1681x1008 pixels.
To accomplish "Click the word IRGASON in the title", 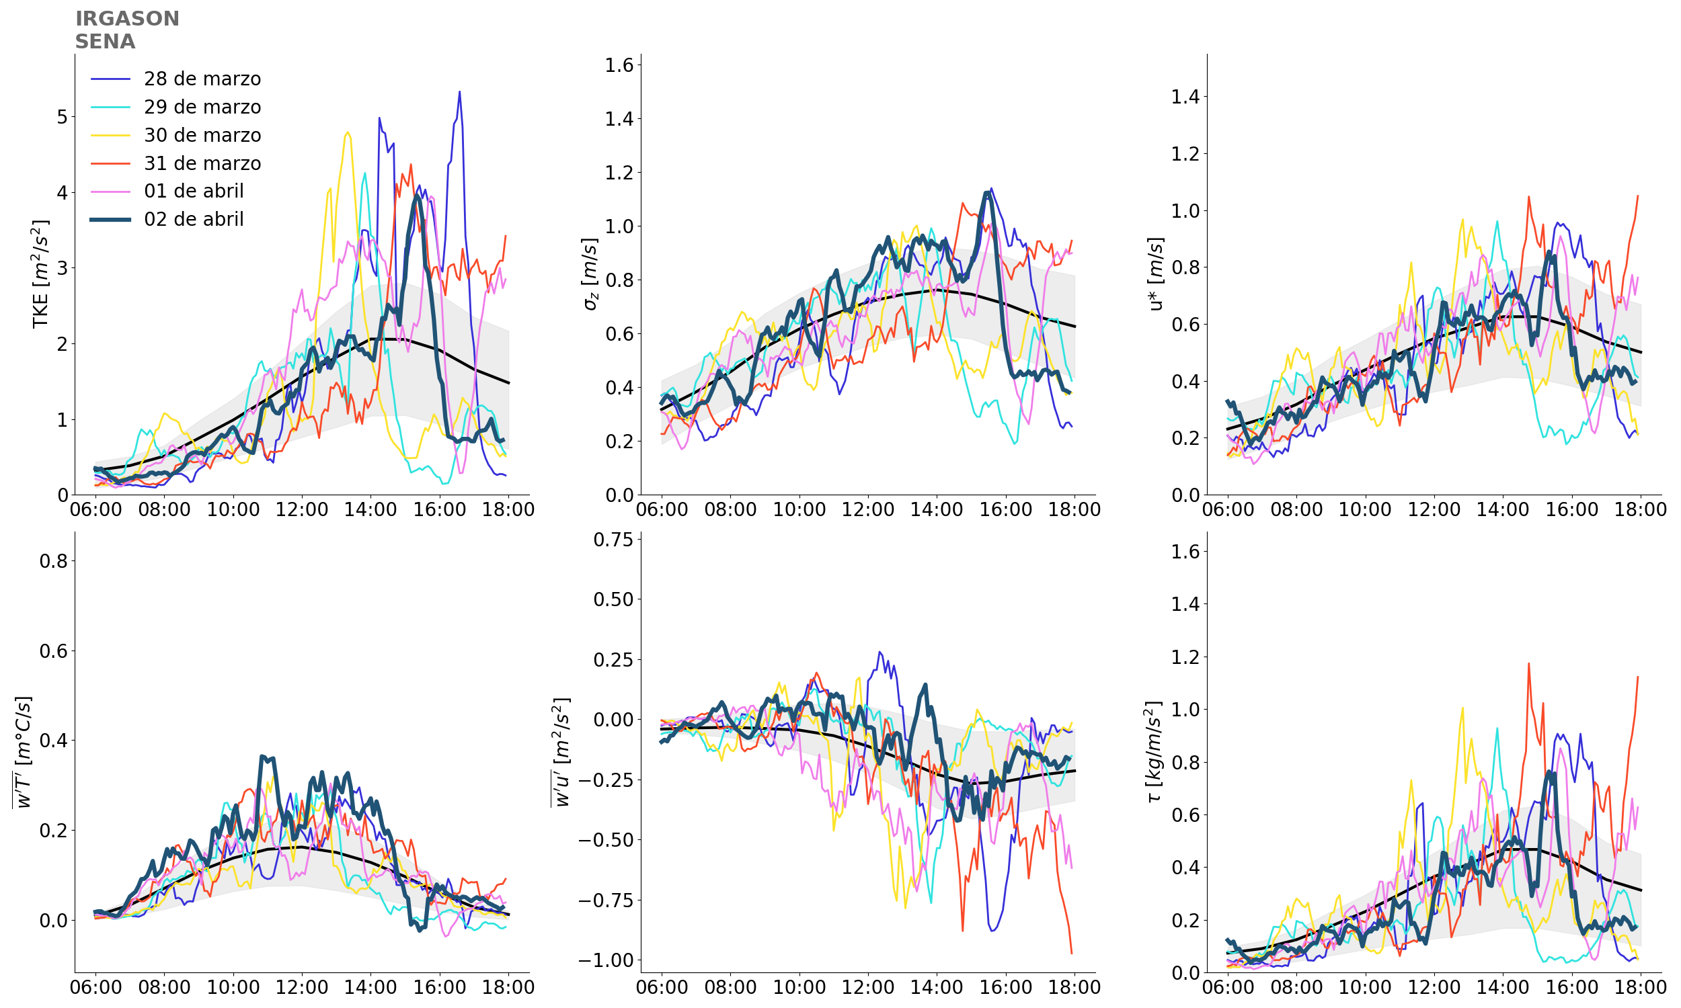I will pos(127,18).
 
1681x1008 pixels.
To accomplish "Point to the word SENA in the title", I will pos(106,42).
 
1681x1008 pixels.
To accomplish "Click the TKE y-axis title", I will pos(41,274).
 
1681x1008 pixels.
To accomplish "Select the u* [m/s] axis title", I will pos(1155,274).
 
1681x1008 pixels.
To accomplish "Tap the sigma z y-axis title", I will pos(590,274).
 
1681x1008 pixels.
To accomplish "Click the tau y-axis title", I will pos(1154,751).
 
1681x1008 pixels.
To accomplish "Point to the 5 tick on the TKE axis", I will pos(63,117).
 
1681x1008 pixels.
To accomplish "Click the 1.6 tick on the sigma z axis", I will pos(619,65).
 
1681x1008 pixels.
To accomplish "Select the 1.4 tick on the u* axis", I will pos(1185,97).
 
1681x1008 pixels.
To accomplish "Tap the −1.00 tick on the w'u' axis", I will pos(605,960).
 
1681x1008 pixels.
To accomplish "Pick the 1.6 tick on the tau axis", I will pos(1185,551).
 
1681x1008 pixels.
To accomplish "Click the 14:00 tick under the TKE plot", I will pos(370,509).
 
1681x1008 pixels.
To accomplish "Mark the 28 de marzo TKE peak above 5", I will pos(459,91).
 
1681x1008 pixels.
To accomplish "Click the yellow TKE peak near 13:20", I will pos(348,132).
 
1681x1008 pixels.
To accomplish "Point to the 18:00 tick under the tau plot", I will pos(1639,987).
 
